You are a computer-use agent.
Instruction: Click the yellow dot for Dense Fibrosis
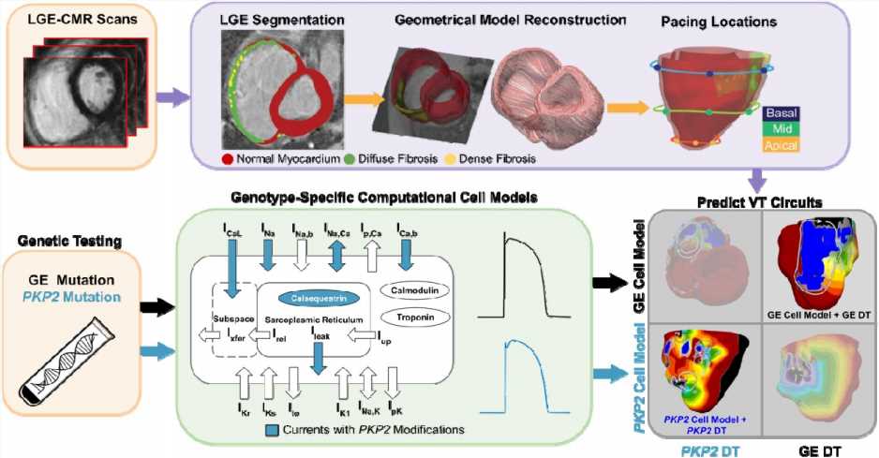point(448,159)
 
